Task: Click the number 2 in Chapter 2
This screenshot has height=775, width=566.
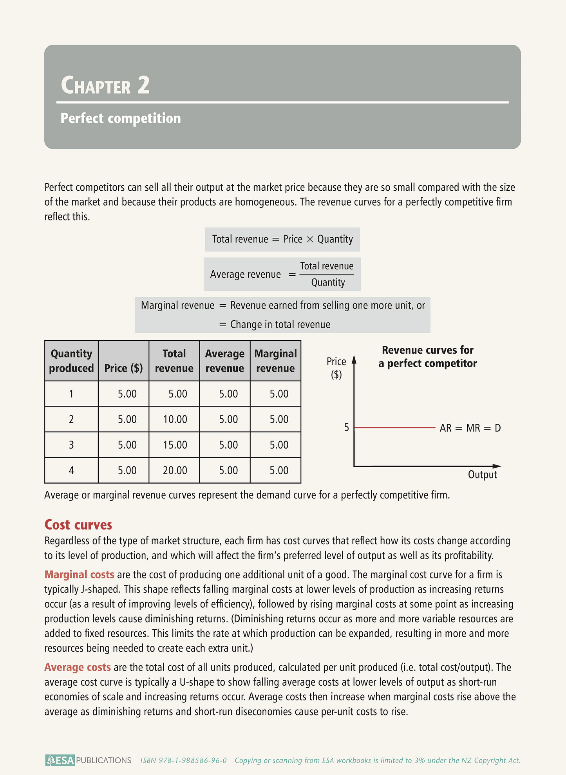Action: (x=143, y=85)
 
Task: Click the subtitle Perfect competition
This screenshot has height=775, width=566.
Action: (x=121, y=118)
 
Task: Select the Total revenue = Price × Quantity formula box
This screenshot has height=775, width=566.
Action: (x=282, y=239)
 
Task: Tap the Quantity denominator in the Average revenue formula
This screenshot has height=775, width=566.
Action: (x=328, y=283)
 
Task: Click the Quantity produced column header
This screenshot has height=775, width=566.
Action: (x=71, y=361)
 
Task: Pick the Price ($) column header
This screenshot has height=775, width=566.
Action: (x=123, y=368)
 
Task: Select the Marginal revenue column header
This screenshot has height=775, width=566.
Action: (x=275, y=361)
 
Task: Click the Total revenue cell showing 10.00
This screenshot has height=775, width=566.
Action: (x=175, y=419)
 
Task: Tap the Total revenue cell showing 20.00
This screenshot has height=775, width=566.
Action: (x=175, y=470)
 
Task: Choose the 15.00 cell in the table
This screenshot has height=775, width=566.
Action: (x=175, y=445)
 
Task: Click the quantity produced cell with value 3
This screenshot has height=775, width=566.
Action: (x=71, y=445)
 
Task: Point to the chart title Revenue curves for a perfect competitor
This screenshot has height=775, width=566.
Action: (x=427, y=357)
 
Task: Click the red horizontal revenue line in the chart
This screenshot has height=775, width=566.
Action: (x=394, y=428)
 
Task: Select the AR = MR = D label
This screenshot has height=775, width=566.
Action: (x=470, y=428)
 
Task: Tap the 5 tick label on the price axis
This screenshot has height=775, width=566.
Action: (x=346, y=428)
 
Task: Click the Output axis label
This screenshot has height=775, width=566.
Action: (x=482, y=475)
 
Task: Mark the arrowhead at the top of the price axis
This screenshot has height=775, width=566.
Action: (x=354, y=359)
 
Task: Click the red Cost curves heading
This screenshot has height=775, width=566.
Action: (x=78, y=525)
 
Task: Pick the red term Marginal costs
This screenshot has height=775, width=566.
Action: (x=79, y=574)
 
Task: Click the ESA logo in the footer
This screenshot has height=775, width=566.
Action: (x=60, y=760)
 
